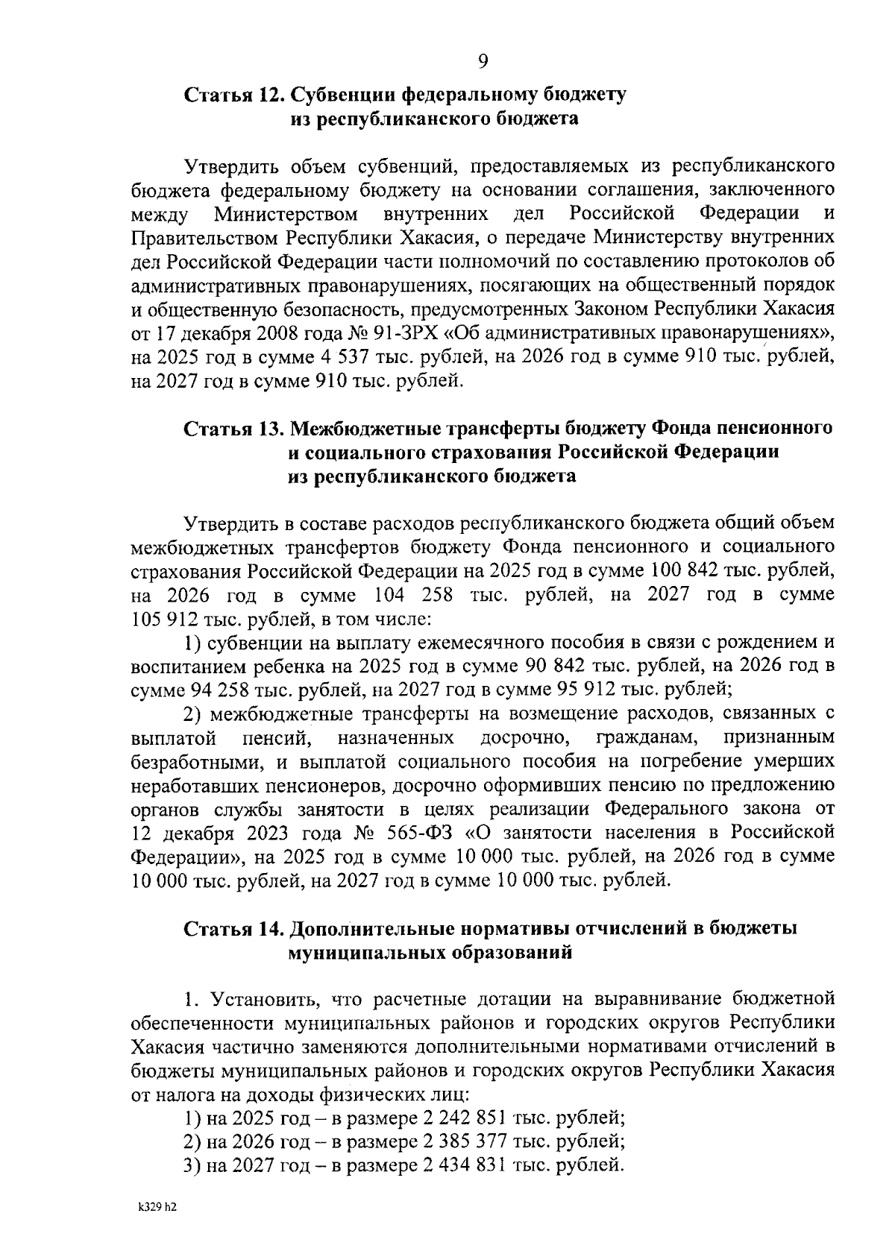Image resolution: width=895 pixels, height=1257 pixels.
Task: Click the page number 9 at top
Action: pyautogui.click(x=483, y=62)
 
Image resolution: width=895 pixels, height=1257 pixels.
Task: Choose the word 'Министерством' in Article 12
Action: pyautogui.click(x=286, y=215)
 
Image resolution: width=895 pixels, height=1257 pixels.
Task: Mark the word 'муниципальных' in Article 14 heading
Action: pyautogui.click(x=355, y=952)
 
